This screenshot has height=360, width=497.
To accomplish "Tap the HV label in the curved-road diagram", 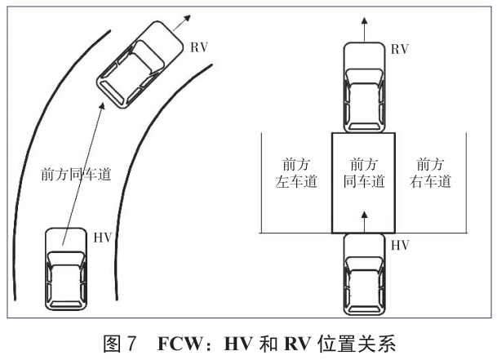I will [103, 238].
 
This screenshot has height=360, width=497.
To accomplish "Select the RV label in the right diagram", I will [399, 50].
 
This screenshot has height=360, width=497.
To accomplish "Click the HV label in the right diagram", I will [400, 244].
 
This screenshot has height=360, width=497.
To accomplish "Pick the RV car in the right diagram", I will [364, 87].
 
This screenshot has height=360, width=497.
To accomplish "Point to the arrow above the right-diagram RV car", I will [364, 24].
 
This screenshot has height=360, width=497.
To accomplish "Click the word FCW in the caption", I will [183, 343].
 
